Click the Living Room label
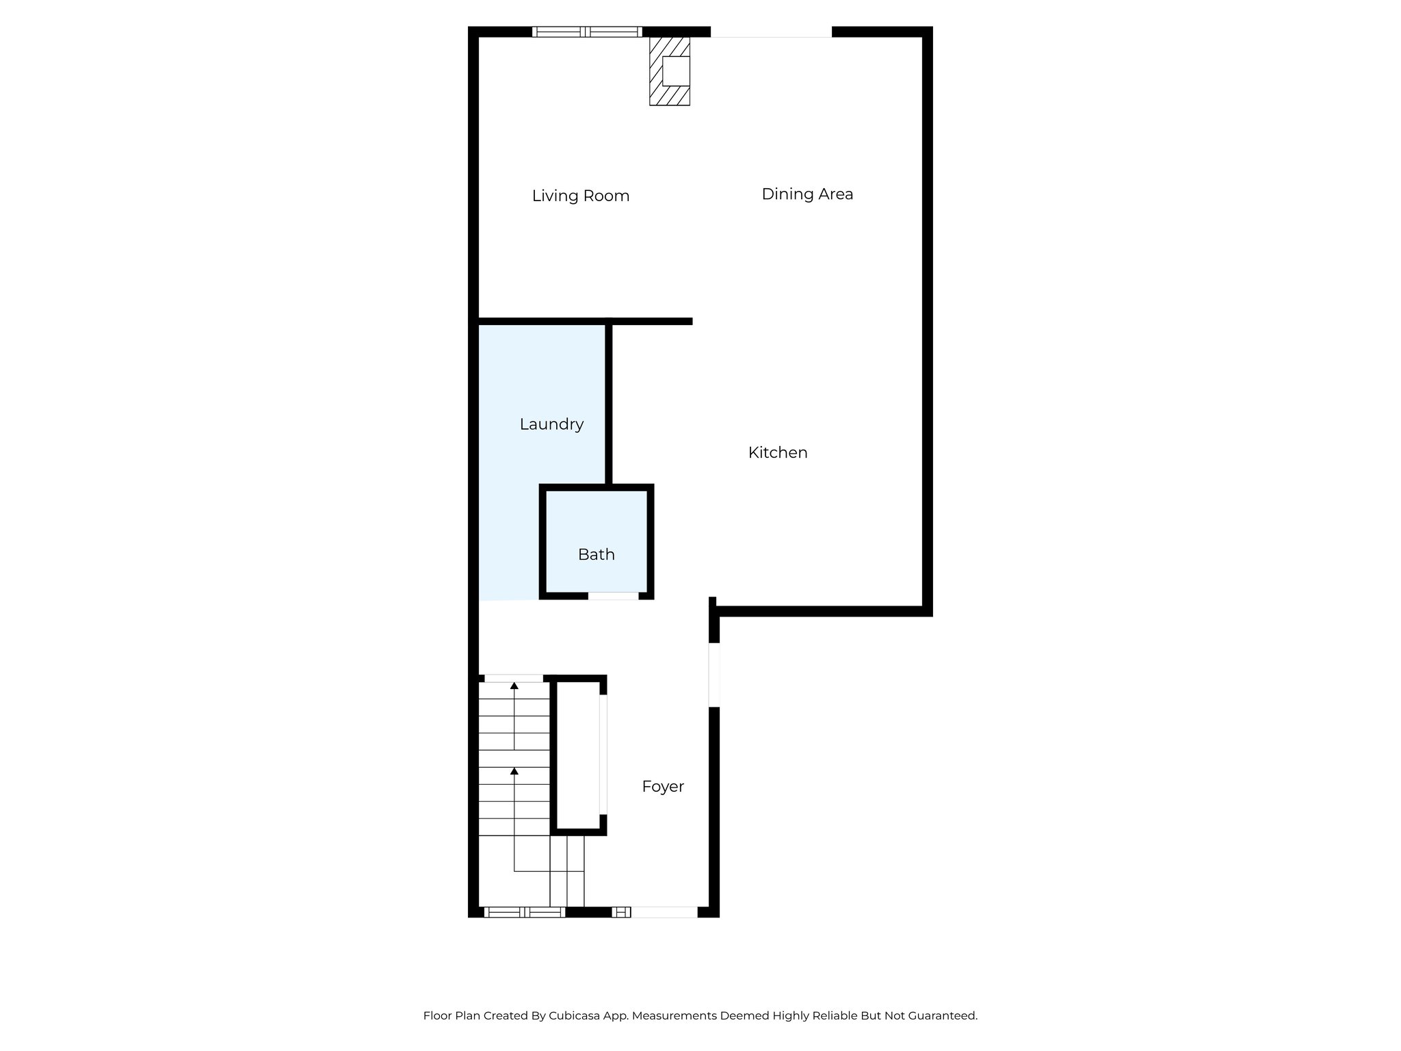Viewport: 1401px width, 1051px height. point(580,196)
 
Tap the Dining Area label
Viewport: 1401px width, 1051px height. point(807,194)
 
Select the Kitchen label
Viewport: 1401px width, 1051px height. point(778,452)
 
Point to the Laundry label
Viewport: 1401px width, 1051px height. point(551,424)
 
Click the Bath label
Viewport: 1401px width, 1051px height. point(596,554)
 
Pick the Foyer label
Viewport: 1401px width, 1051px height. point(663,787)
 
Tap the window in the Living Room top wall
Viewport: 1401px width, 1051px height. point(587,31)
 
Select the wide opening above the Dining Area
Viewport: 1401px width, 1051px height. point(771,32)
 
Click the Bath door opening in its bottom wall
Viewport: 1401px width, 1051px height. point(613,596)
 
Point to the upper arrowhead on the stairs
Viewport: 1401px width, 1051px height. point(514,686)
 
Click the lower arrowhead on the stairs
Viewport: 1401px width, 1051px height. point(514,771)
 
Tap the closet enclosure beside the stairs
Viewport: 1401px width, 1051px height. point(579,755)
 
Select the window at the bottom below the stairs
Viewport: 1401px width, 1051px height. point(525,911)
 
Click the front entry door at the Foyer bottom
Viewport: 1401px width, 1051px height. point(663,911)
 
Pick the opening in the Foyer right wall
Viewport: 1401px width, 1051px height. point(714,674)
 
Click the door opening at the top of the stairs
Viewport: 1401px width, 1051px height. point(514,678)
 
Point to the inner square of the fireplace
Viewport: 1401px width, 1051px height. point(676,70)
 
